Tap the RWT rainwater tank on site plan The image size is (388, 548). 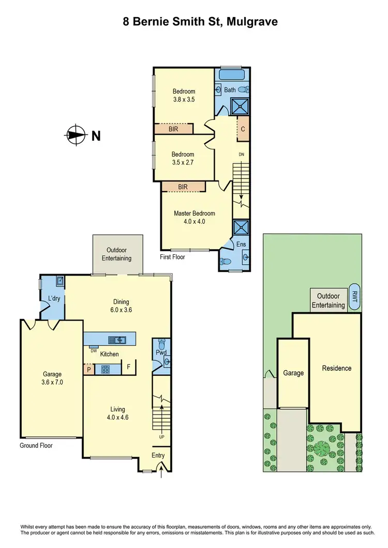click(x=354, y=297)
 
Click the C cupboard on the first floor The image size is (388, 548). click(x=242, y=129)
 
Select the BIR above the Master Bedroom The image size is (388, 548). click(x=183, y=187)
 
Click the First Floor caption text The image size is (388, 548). click(x=172, y=257)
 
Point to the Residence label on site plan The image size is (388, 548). click(x=336, y=368)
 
